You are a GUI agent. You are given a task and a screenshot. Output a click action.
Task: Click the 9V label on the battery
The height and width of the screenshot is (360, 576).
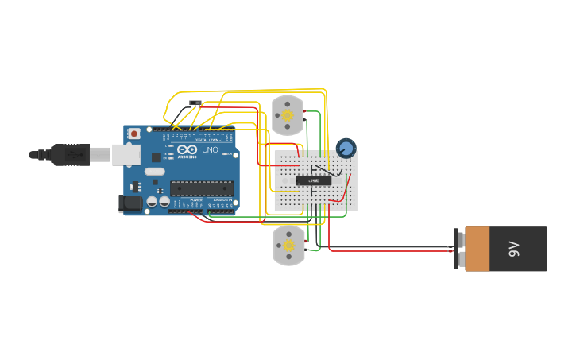pos(513,249)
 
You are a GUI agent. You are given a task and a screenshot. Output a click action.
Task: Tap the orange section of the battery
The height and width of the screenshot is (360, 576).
pos(477,249)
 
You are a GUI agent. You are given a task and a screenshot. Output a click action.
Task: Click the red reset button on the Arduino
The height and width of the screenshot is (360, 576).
pos(133,134)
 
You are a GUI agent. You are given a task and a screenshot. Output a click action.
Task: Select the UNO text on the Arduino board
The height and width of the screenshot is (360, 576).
pos(210,149)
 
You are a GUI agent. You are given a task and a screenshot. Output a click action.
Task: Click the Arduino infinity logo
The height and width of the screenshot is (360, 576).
pos(187,149)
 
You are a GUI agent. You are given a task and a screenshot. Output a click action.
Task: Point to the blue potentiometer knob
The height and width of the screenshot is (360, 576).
pos(346,148)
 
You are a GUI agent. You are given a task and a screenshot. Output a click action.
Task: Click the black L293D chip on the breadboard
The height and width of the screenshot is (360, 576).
pos(314,180)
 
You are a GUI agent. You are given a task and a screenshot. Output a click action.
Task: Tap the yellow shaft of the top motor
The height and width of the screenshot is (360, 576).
pos(288,115)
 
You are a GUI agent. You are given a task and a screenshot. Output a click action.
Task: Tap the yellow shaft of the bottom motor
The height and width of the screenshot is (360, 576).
pos(288,246)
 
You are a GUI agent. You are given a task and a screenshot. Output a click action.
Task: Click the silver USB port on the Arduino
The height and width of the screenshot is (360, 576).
pos(126,154)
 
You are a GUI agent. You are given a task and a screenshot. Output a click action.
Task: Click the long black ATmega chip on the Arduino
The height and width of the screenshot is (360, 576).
pos(202,188)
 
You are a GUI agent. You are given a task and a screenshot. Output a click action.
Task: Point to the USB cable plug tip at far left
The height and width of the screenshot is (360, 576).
pos(33,155)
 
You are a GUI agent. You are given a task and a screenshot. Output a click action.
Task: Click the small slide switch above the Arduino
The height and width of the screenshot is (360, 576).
pos(195,103)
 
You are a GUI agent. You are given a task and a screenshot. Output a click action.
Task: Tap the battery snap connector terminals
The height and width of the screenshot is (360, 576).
pos(459,249)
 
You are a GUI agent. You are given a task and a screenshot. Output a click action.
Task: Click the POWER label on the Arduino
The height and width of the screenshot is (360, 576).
pos(195,199)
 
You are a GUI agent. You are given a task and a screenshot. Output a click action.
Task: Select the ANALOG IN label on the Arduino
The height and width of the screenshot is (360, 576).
pos(222,199)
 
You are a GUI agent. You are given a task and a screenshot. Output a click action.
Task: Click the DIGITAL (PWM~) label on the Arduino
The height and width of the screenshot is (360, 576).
pos(208,140)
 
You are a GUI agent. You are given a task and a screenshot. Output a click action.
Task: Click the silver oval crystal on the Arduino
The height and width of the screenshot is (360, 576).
pos(154,171)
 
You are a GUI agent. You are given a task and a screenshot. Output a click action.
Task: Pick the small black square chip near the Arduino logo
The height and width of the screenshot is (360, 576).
pos(157,157)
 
